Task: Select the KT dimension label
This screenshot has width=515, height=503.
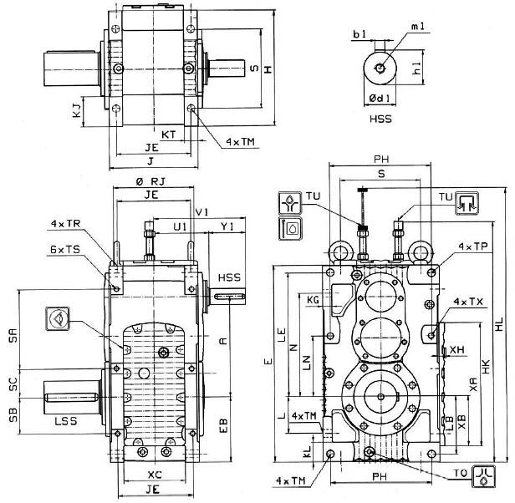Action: tap(169, 133)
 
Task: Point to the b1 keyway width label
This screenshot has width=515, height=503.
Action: tap(359, 34)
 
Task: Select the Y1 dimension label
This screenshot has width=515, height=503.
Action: tap(227, 227)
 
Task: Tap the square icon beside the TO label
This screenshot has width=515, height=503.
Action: tap(484, 474)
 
